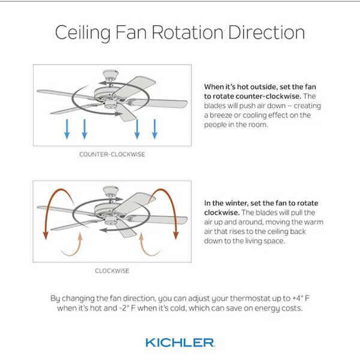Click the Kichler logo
click(180, 343)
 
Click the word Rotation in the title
click(187, 32)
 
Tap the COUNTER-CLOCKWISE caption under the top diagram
click(112, 154)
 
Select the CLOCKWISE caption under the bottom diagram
click(112, 271)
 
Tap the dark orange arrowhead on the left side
click(46, 235)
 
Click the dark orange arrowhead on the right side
click(176, 235)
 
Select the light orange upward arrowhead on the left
click(80, 236)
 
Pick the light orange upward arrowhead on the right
click(142, 236)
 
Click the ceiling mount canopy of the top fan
click(110, 74)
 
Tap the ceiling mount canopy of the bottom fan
click(110, 191)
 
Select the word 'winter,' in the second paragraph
click(237, 203)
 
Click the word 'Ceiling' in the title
click(83, 33)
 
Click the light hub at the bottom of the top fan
click(110, 106)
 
